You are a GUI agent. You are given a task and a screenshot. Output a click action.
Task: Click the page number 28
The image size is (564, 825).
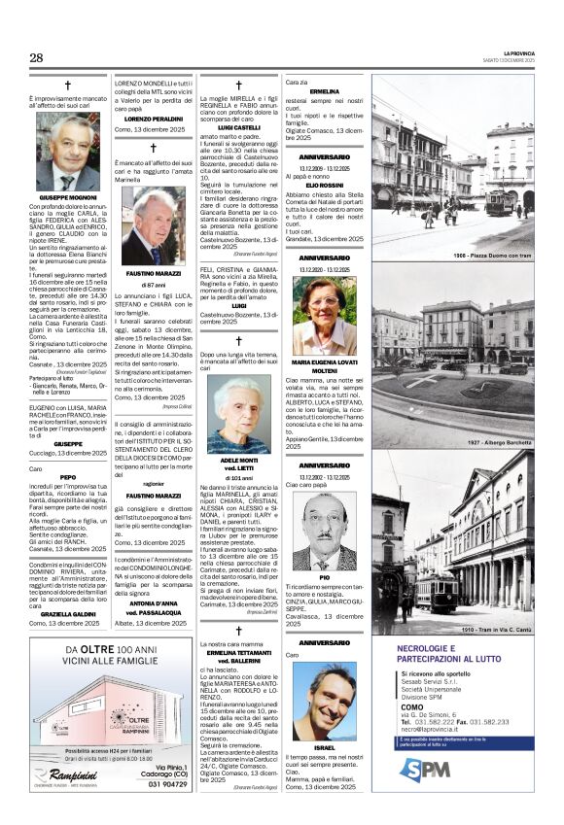[x=36, y=57]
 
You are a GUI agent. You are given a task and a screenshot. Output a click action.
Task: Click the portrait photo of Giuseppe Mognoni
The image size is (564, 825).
[x=68, y=152]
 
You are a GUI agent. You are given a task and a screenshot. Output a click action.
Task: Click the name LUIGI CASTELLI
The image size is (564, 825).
[x=238, y=127]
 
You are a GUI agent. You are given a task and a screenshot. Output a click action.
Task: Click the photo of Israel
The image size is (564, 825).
[x=324, y=701]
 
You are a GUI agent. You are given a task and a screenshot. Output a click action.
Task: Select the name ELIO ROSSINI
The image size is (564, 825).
[x=324, y=185]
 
